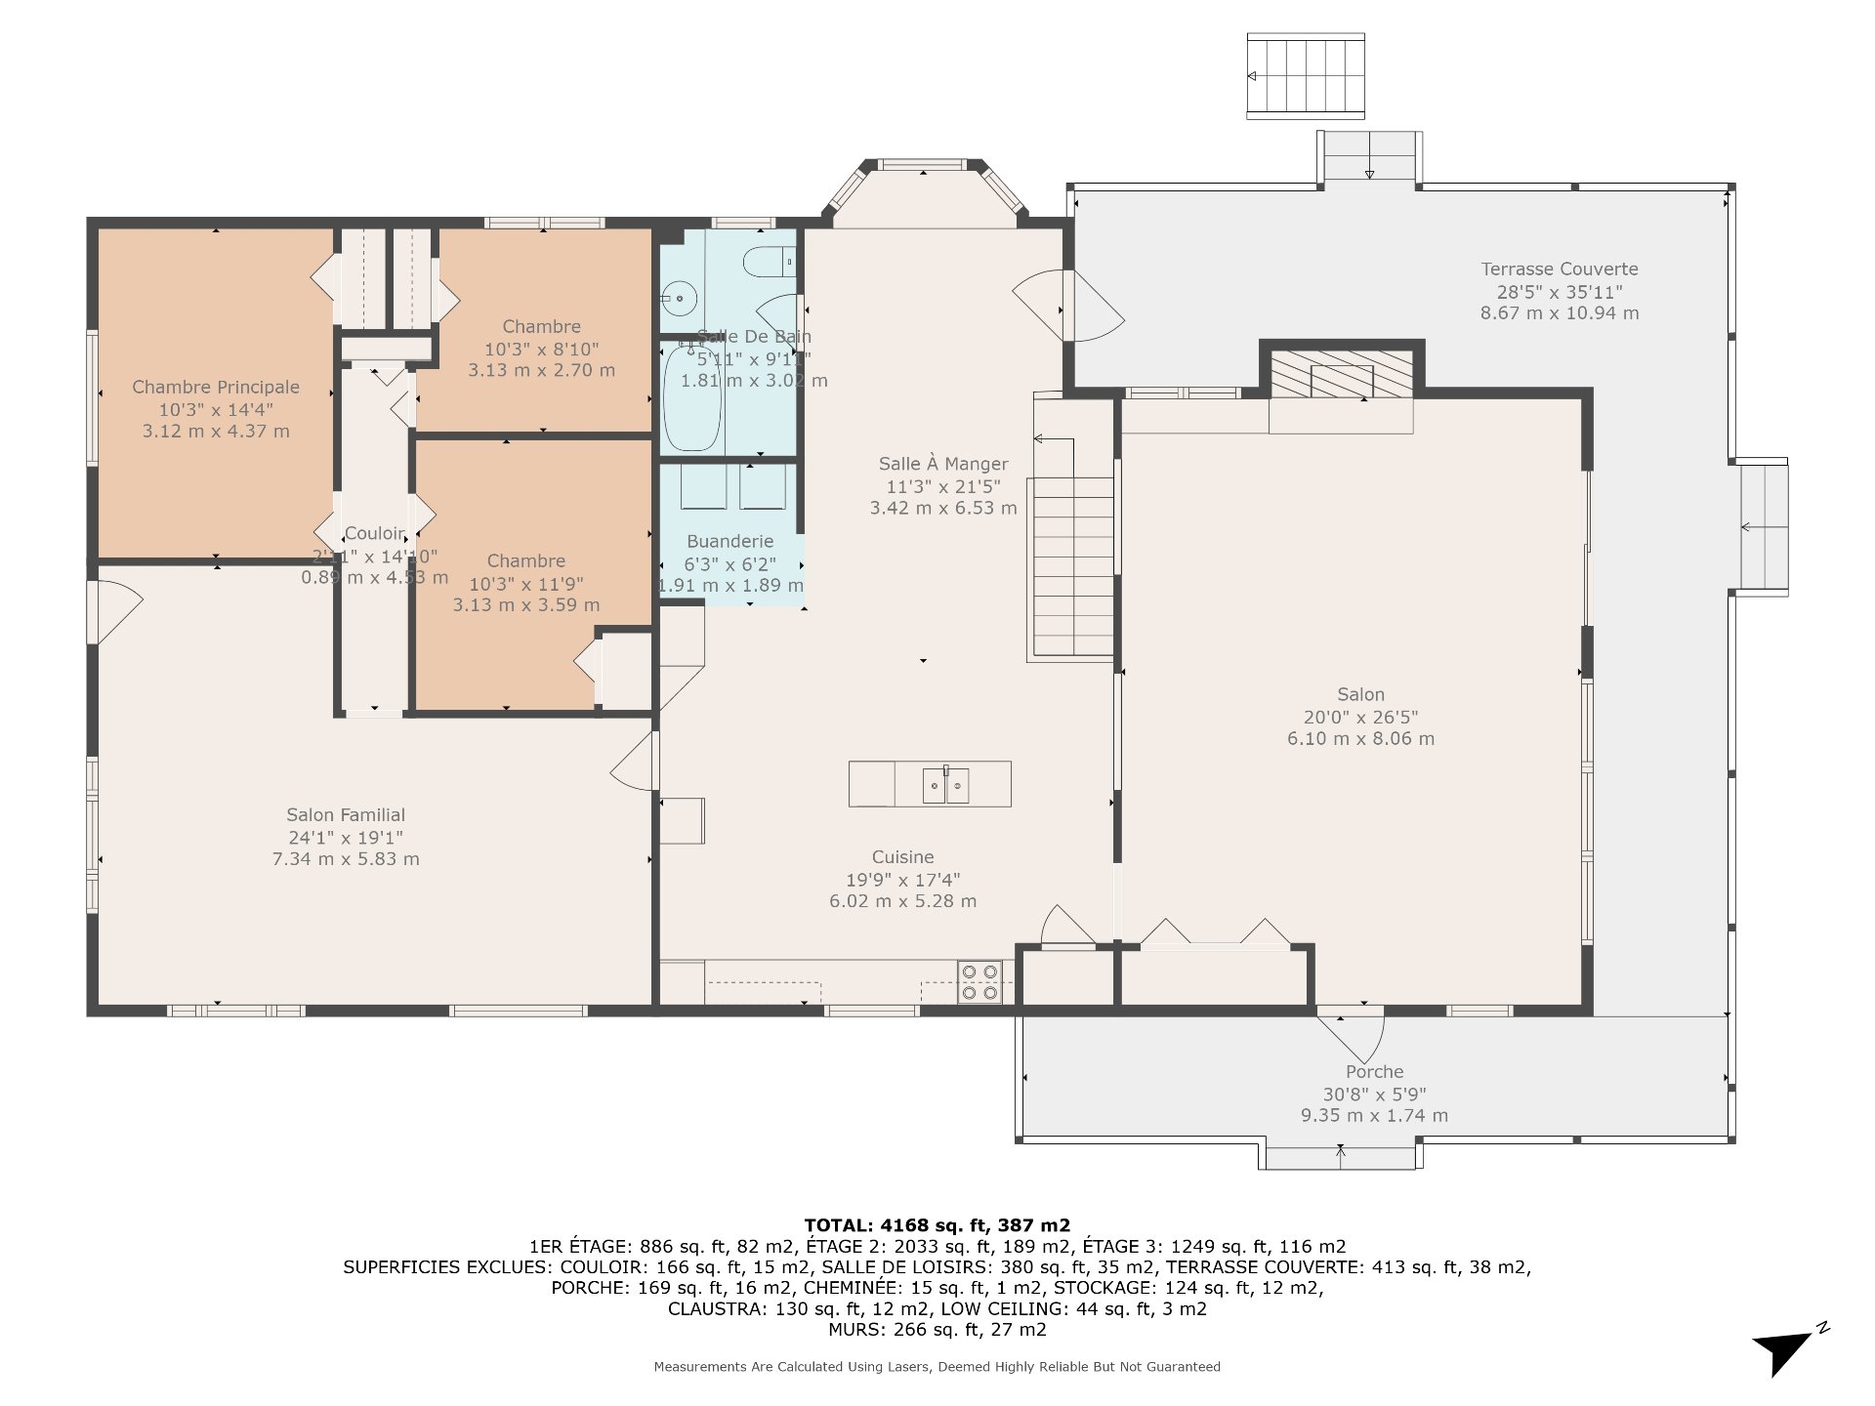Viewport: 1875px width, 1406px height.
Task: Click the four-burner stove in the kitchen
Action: click(x=979, y=982)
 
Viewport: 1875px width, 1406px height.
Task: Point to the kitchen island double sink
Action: click(x=945, y=784)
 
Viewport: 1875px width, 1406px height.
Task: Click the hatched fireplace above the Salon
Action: click(x=1342, y=375)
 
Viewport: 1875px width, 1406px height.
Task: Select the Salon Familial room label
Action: click(x=346, y=814)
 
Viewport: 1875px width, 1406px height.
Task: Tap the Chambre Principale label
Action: click(x=216, y=387)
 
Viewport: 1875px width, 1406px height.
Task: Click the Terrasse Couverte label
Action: click(x=1560, y=269)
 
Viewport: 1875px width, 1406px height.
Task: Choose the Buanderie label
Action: click(x=729, y=541)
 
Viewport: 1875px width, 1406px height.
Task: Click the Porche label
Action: click(x=1374, y=1071)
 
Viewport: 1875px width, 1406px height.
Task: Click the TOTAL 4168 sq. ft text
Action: click(x=937, y=1224)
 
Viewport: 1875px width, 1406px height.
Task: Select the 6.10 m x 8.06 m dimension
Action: click(x=1360, y=738)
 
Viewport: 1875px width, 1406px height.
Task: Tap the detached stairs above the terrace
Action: click(x=1306, y=76)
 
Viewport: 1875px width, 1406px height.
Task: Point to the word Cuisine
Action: click(x=902, y=856)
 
